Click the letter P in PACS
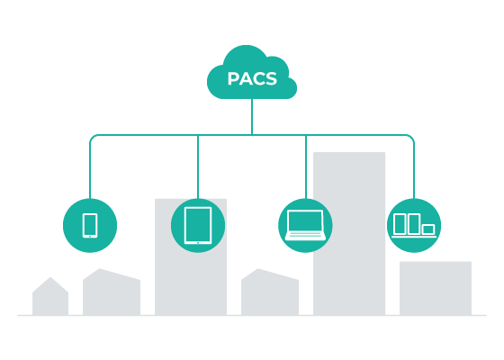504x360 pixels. coord(233,79)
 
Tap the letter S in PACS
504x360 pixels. coord(271,79)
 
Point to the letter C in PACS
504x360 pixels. coord(259,79)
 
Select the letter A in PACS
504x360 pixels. coord(246,79)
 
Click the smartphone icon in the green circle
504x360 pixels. coord(90,225)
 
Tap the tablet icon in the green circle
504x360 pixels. coord(198,225)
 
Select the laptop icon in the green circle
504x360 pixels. coord(305,225)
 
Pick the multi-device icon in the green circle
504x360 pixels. coord(414,225)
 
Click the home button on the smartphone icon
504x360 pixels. coord(90,236)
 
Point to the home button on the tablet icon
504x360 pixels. coord(198,243)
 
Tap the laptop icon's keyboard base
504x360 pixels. coord(305,236)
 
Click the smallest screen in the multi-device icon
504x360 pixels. coord(428,229)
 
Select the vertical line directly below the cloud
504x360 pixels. coord(252,116)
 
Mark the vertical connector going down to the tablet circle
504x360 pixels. coord(198,166)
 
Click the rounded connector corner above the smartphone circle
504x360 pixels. coord(93,138)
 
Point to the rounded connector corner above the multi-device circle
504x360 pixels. coord(411,138)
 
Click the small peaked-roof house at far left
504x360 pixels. coord(50,296)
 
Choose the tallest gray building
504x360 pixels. coord(349,234)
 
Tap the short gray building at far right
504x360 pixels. coord(436,288)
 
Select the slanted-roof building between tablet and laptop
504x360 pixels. coord(270,292)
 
